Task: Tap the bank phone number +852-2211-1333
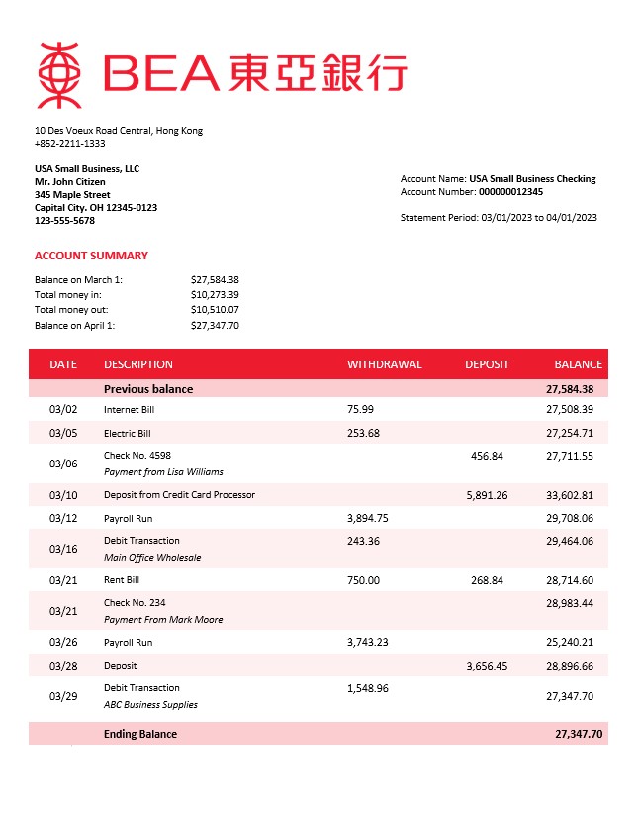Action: [69, 144]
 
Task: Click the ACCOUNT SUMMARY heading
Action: [91, 256]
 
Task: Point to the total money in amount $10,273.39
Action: [215, 295]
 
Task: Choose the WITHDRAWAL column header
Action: [384, 364]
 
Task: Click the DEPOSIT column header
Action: [487, 364]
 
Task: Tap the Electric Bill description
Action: [128, 434]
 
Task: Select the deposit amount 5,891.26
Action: [487, 495]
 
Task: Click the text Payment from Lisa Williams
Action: [163, 472]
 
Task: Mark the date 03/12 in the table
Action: [62, 519]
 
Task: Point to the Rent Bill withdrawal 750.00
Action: [363, 580]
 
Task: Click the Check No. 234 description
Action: [136, 603]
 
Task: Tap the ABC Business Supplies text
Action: [150, 705]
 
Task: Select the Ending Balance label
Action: [140, 734]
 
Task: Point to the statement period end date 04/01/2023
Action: [570, 218]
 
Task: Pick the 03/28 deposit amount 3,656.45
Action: [487, 667]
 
